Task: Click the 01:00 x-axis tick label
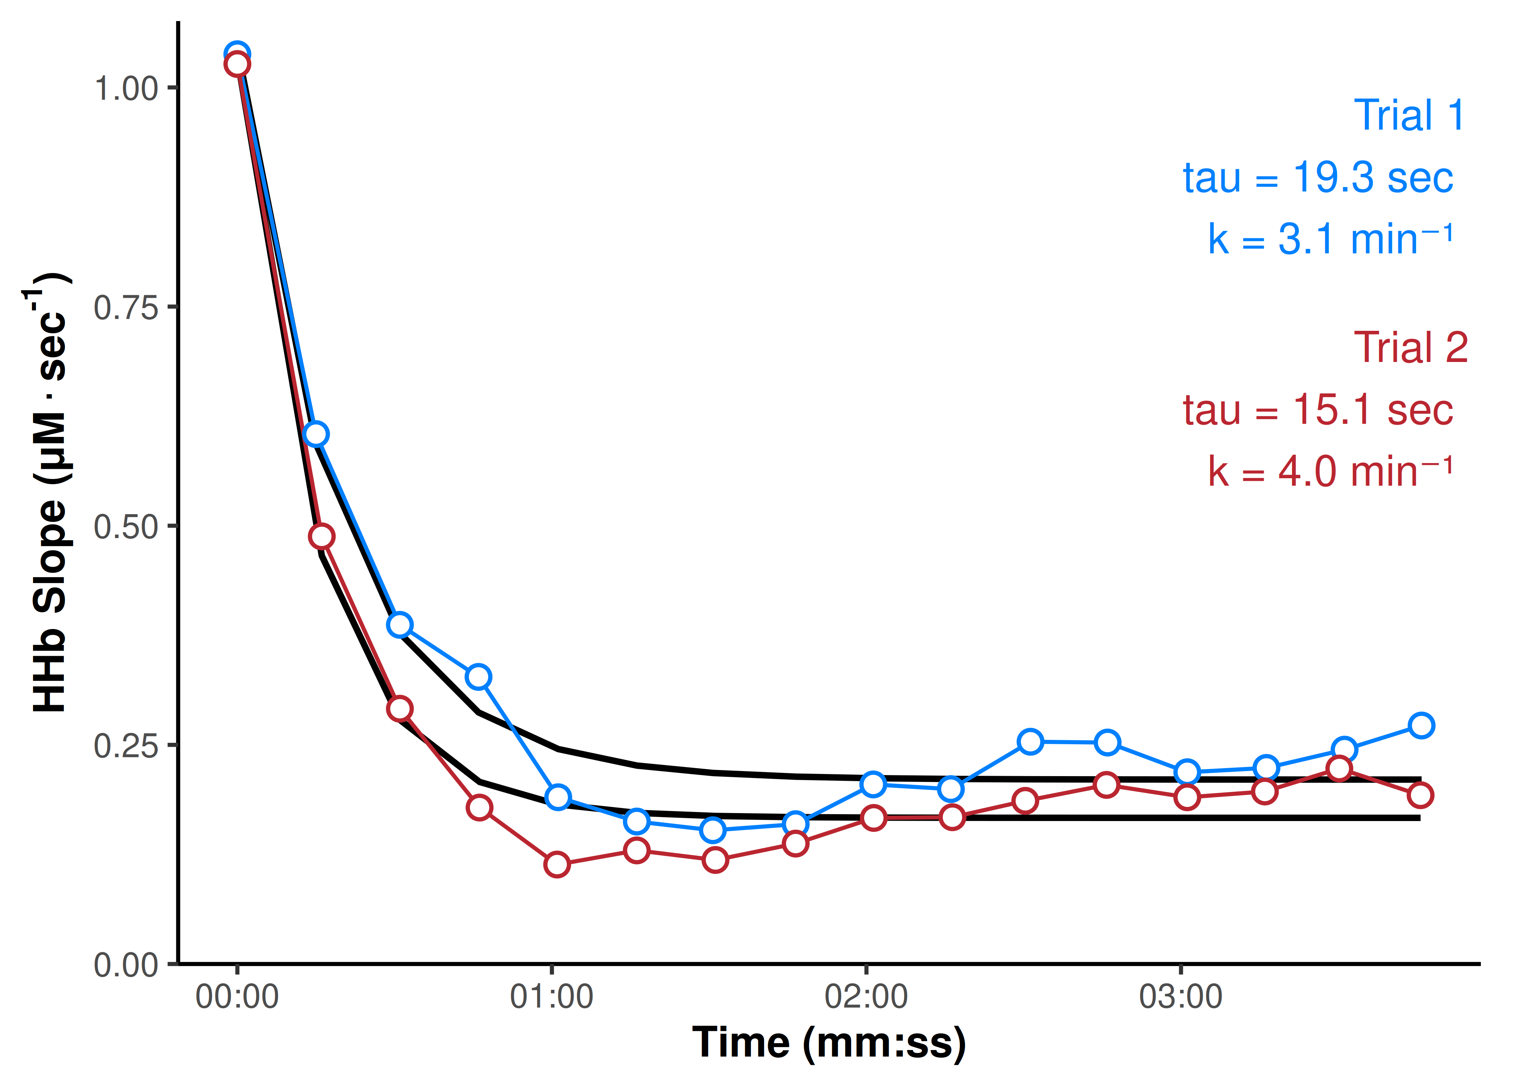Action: click(x=551, y=997)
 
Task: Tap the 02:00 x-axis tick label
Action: click(x=866, y=997)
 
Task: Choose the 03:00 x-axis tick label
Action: click(x=1181, y=997)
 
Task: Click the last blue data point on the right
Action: click(x=1420, y=725)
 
